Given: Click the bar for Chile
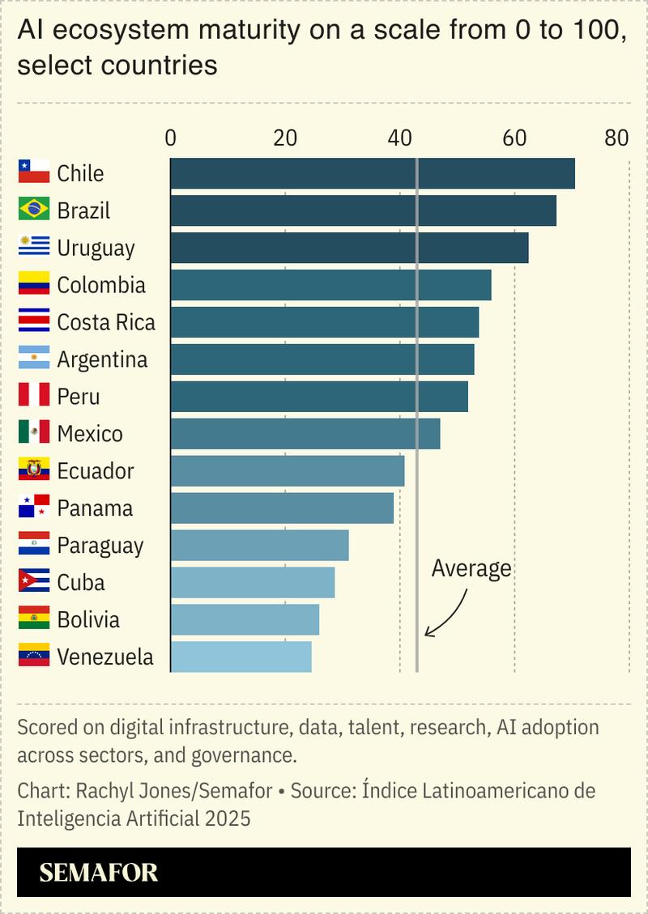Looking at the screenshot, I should [373, 173].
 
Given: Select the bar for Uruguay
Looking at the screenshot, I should [349, 248].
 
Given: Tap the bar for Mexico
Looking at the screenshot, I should [305, 434].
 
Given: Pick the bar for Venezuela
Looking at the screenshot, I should [241, 657].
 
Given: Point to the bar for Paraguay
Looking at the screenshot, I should [259, 546].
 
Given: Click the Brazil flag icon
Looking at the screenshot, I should [34, 210].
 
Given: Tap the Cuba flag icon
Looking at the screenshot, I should [34, 582].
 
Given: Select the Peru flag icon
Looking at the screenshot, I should [34, 396].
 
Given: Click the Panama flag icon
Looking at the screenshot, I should [34, 508].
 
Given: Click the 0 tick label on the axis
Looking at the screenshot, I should [170, 138].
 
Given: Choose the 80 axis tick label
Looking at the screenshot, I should [616, 138].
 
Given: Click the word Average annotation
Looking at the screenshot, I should [471, 568].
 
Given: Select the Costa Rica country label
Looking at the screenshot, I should [106, 322].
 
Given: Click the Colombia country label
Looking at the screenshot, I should [101, 285].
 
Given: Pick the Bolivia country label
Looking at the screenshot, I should [88, 620].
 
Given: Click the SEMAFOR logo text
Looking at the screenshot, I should [99, 873].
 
